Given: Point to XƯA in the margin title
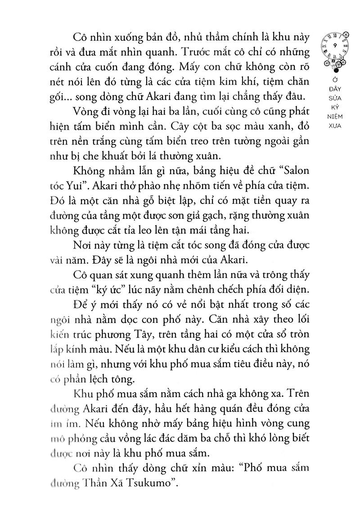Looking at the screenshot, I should tap(341, 127).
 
